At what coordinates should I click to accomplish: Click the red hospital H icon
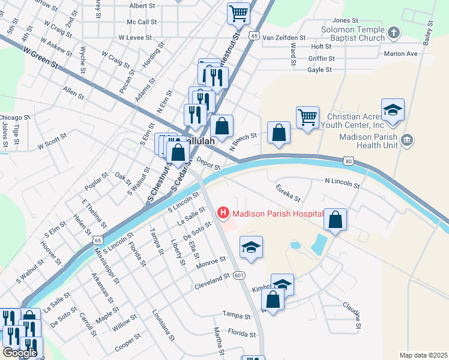224,212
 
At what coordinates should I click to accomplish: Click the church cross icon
393,32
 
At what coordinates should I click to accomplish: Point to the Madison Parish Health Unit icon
408,140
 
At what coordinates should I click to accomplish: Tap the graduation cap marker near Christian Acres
393,110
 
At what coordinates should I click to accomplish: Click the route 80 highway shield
348,161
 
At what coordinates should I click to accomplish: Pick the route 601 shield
239,275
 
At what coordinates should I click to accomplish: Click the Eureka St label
288,193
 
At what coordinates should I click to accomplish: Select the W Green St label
41,58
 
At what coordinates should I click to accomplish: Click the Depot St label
208,164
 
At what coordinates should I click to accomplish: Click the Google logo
20,353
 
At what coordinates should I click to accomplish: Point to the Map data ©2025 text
423,355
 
